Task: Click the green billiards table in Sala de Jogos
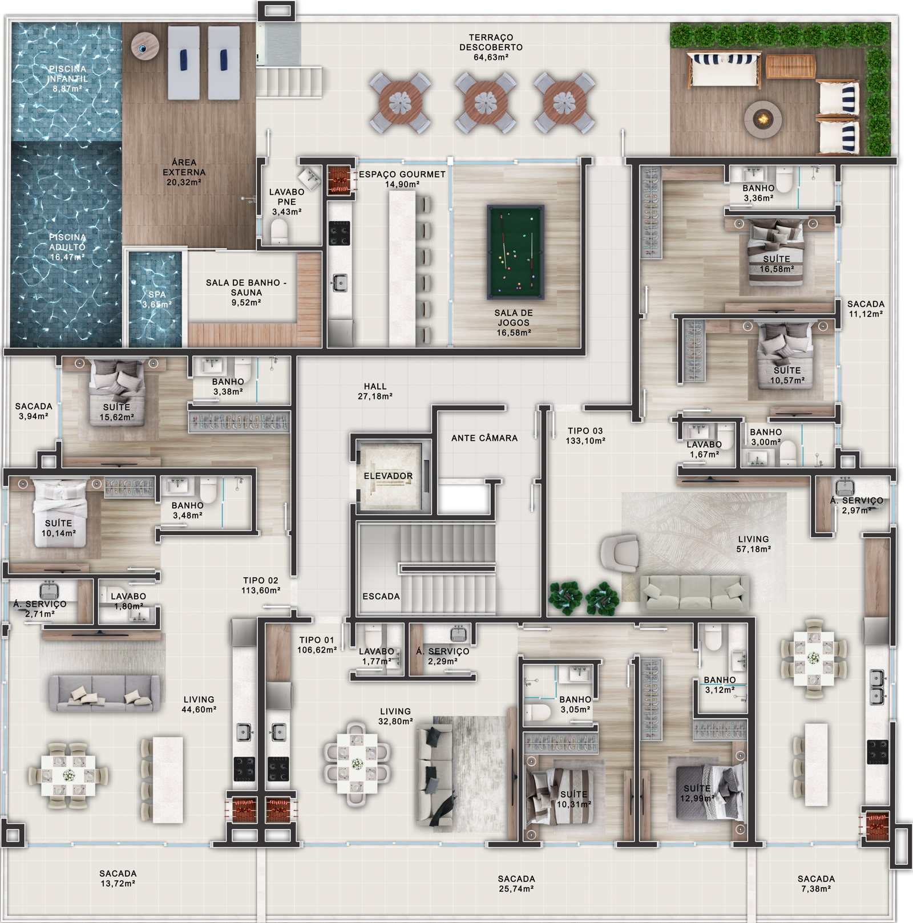[515, 252]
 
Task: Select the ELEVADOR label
[388, 476]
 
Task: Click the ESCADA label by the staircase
[381, 596]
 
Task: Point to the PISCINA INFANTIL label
[67, 79]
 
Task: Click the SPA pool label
[157, 299]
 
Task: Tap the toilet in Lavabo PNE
[279, 232]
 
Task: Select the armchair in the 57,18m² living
[620, 553]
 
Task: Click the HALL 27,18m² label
[375, 391]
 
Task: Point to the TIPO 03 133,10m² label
[585, 436]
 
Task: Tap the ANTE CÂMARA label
[484, 438]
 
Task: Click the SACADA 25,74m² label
[516, 884]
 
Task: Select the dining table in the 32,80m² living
[357, 763]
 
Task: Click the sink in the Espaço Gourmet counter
[340, 283]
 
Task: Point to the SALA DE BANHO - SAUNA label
[247, 293]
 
